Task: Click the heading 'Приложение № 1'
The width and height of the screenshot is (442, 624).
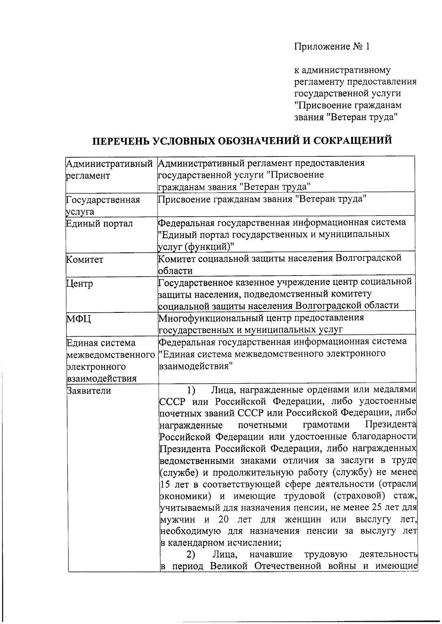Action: coord(331,47)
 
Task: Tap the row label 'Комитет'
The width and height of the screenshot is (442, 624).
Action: coord(85,259)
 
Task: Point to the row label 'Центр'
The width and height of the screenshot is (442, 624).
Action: coord(80,284)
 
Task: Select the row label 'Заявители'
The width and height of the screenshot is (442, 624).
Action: coord(89,390)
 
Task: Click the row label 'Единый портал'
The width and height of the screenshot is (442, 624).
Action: coord(99,224)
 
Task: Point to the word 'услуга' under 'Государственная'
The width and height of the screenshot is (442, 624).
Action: coord(80,212)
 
